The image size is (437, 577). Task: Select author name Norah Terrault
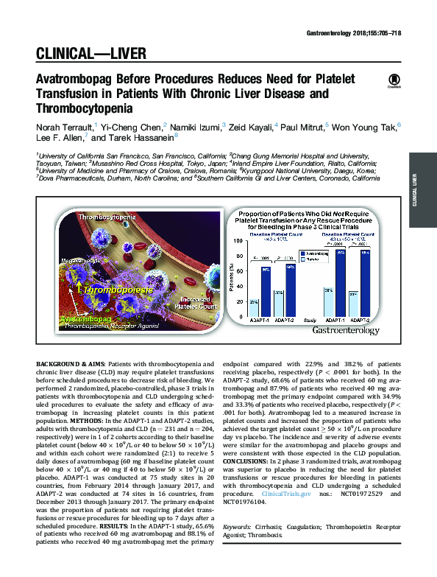click(x=63, y=127)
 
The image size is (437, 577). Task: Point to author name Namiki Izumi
click(x=198, y=127)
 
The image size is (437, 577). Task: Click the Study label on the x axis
click(x=311, y=321)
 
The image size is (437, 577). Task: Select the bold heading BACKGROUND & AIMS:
click(x=71, y=364)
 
